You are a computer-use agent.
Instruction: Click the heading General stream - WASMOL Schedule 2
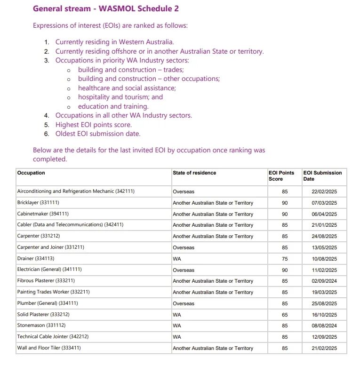[x=105, y=8]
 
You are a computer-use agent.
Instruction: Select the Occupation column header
[x=31, y=173]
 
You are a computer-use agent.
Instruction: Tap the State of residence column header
[x=194, y=173]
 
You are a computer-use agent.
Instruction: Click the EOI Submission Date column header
[x=322, y=176]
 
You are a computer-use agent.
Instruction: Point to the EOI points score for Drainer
[x=285, y=259]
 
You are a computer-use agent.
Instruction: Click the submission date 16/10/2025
[x=324, y=315]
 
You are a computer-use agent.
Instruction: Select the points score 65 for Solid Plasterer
[x=285, y=315]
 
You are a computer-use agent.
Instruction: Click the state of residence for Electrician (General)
[x=184, y=270]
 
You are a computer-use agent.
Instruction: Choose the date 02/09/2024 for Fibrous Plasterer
[x=324, y=281]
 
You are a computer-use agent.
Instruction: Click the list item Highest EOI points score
[x=94, y=125]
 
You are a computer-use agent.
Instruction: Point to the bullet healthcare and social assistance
[x=127, y=88]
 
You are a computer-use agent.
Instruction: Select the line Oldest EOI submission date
[x=98, y=134]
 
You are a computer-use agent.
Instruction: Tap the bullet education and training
[x=113, y=106]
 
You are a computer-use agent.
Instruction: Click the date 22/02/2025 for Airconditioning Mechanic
[x=324, y=192]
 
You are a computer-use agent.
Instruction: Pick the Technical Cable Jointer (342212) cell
[x=53, y=337]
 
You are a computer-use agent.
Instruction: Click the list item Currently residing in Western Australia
[x=115, y=42]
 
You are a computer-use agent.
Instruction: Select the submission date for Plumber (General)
[x=324, y=303]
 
